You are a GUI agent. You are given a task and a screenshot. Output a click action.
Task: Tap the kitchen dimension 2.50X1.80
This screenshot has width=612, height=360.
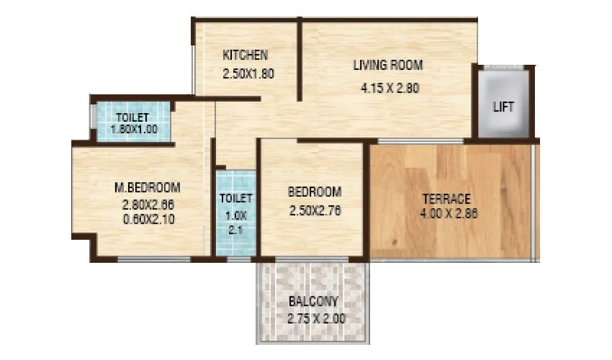click(249, 73)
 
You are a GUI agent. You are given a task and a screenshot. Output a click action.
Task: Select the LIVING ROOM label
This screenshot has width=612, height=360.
click(387, 66)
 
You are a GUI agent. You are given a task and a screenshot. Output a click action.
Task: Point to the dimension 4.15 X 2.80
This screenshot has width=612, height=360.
click(390, 89)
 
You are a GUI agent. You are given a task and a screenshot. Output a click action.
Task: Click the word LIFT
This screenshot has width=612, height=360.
click(503, 107)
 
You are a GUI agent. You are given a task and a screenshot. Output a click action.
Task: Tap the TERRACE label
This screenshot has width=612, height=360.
click(447, 199)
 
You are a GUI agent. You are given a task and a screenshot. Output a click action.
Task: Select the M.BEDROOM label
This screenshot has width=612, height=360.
click(148, 188)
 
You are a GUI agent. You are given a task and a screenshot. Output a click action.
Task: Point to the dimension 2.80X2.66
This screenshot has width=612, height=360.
click(148, 204)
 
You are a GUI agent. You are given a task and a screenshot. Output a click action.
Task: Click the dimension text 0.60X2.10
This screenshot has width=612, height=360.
click(148, 218)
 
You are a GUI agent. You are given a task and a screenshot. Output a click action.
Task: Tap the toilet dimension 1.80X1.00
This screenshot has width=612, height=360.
click(134, 130)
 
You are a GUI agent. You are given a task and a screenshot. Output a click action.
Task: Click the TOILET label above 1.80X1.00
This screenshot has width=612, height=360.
click(132, 117)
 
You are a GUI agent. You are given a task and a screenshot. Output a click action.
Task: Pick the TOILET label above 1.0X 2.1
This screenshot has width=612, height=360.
click(236, 198)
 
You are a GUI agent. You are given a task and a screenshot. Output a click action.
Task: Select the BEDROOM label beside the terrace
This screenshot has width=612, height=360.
click(315, 192)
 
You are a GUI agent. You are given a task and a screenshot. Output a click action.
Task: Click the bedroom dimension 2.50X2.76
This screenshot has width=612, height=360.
click(315, 211)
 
